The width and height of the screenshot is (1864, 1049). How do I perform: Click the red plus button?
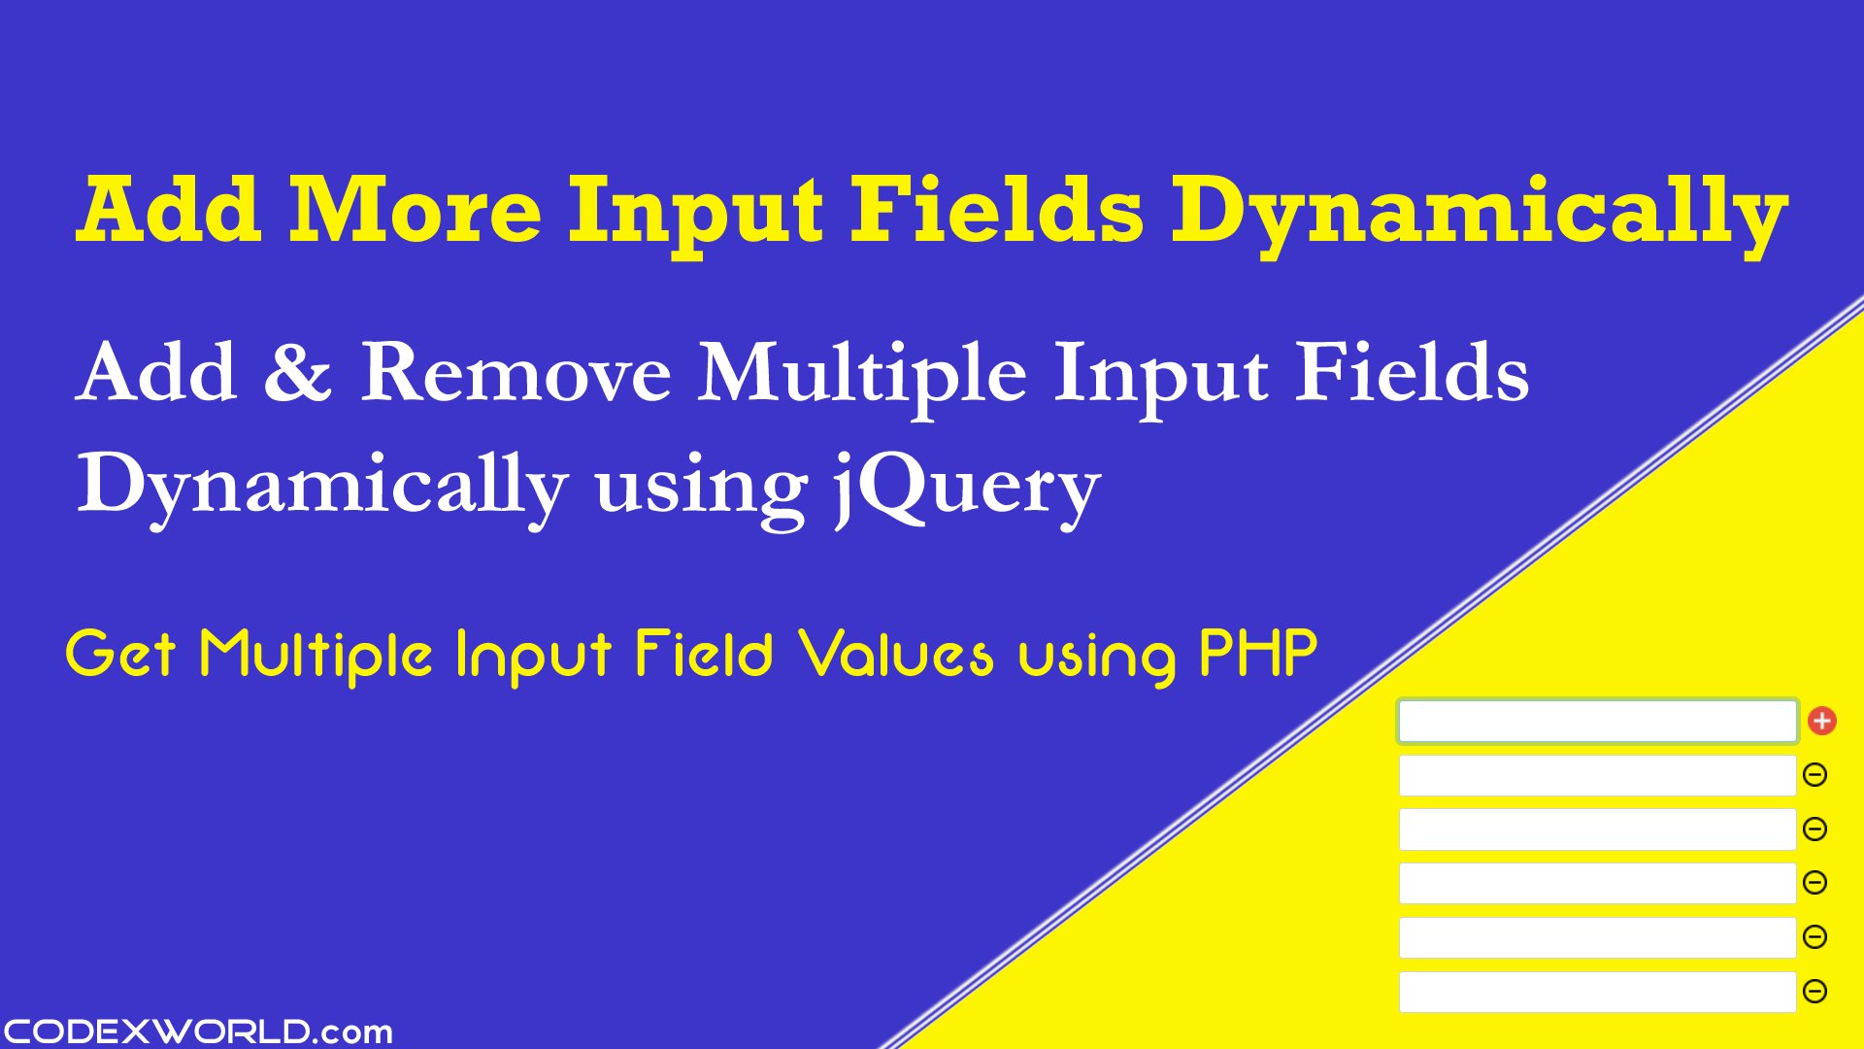tap(1821, 721)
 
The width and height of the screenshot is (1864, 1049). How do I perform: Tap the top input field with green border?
tap(1597, 722)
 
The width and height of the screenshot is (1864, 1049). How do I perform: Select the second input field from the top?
tap(1597, 775)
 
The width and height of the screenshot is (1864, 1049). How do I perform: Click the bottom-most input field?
tap(1597, 992)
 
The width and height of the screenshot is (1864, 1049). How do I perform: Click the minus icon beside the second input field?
tap(1814, 775)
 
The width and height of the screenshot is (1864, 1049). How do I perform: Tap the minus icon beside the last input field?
tap(1814, 991)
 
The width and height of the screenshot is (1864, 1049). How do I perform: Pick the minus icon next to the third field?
tap(1814, 829)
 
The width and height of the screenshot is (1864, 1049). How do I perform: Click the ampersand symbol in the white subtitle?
tap(297, 373)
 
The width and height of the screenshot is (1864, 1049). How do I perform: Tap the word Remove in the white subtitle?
tap(516, 373)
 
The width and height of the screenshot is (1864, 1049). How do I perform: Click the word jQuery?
tap(966, 486)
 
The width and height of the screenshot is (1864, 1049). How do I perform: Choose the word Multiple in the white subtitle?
tap(861, 375)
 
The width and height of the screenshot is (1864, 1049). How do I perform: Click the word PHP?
tap(1258, 653)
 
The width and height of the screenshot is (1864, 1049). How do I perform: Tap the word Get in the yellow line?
tap(119, 654)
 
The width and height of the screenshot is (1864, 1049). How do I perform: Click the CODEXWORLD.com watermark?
tap(197, 1031)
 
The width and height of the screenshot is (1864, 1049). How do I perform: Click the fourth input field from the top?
tap(1597, 883)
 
